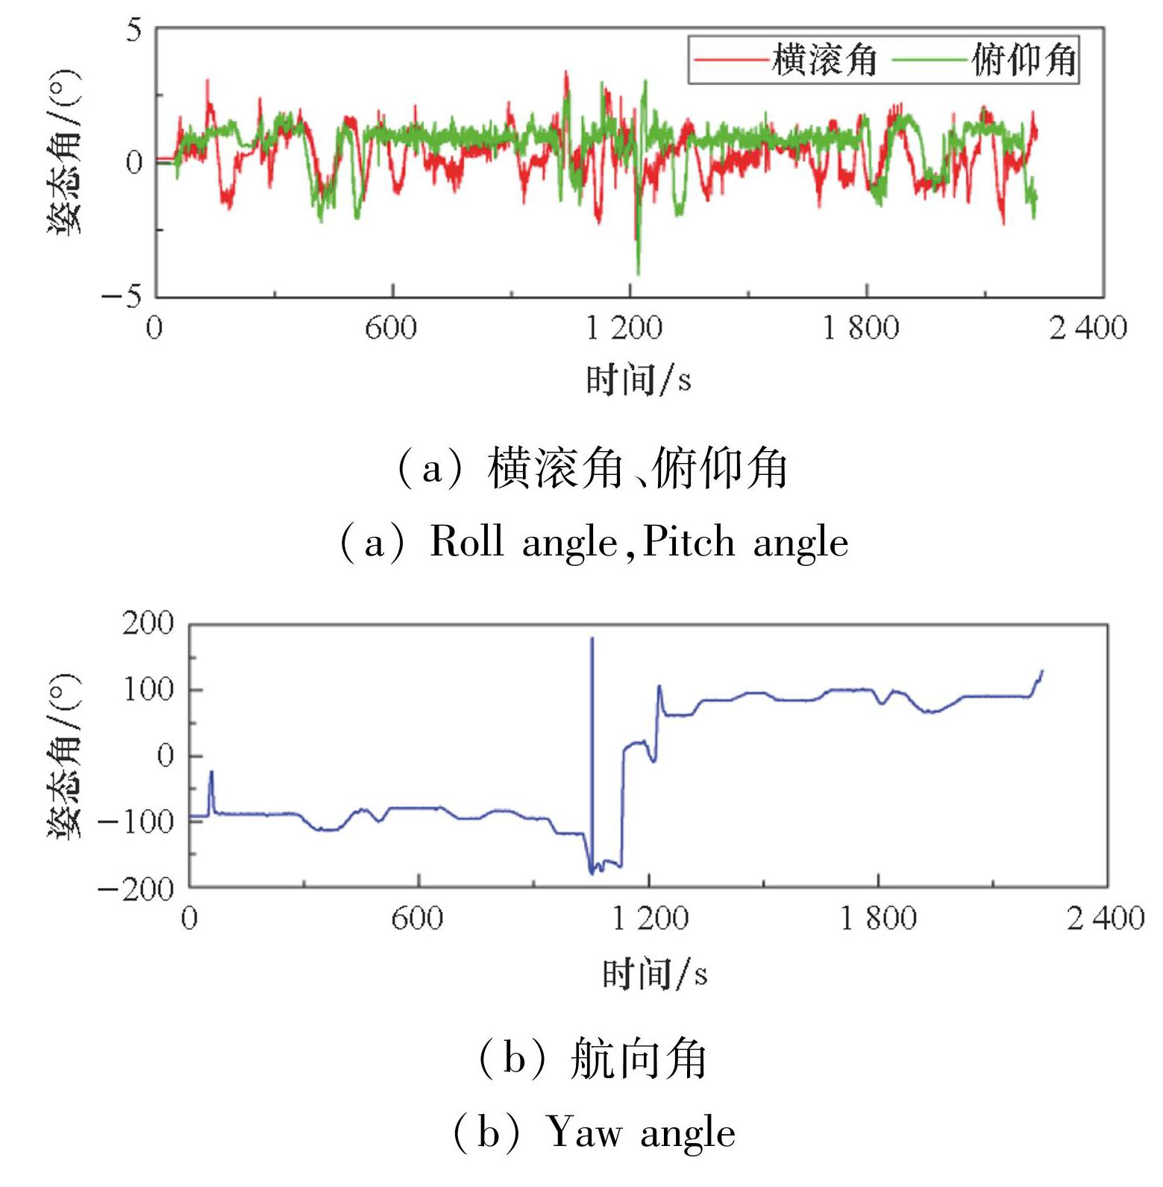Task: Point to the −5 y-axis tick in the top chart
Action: (122, 297)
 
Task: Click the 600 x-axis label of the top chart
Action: (391, 328)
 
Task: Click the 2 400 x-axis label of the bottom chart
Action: (1105, 918)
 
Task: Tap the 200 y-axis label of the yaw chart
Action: (148, 623)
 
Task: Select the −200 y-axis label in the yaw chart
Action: (137, 888)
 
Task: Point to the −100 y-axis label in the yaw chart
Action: (137, 822)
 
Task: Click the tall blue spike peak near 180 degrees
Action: (592, 639)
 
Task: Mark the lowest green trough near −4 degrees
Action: (638, 273)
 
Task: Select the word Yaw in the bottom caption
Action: (584, 1133)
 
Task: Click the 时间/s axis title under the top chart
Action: (638, 380)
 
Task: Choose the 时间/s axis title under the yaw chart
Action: (654, 974)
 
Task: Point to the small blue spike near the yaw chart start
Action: (211, 773)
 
